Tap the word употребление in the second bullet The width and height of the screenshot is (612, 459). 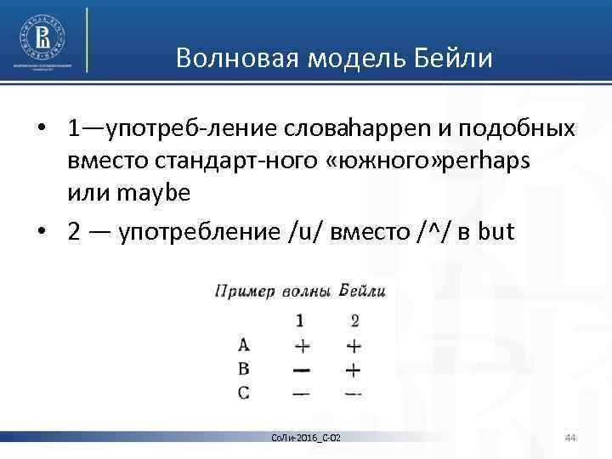click(x=185, y=231)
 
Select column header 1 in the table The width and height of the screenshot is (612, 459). click(x=300, y=320)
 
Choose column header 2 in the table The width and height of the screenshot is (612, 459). click(x=354, y=320)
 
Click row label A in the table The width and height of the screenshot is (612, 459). click(x=244, y=345)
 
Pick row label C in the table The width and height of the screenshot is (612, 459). click(x=244, y=394)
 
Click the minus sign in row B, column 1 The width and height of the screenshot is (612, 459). click(x=300, y=370)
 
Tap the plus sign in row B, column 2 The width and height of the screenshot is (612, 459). click(x=354, y=370)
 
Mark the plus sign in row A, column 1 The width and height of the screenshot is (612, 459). click(x=300, y=346)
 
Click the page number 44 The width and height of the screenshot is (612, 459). click(x=570, y=437)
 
